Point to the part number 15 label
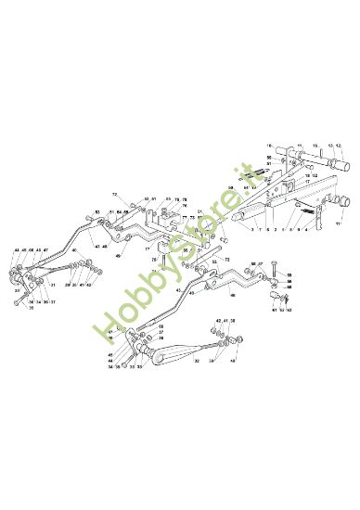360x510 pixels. click(x=315, y=146)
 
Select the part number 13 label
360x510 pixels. click(x=328, y=146)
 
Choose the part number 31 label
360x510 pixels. click(x=55, y=285)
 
